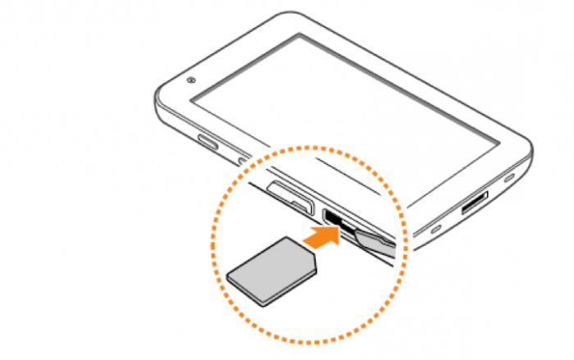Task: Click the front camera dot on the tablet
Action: pyautogui.click(x=190, y=80)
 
